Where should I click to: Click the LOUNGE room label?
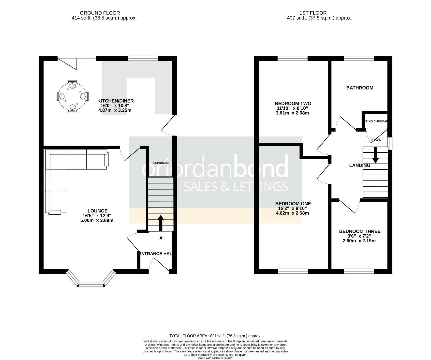[x=97, y=211]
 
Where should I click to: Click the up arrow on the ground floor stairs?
[x=160, y=223]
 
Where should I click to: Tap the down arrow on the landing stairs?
[x=375, y=155]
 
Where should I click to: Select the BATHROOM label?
[x=360, y=88]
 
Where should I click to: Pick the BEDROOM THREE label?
[x=359, y=231]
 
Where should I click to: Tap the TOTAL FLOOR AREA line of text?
[x=215, y=336]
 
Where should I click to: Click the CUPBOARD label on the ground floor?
[x=161, y=163]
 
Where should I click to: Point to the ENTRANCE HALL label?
[x=156, y=254]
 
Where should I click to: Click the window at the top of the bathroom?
[x=359, y=59]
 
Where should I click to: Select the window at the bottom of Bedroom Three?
[x=359, y=271]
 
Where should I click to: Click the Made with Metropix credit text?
[x=215, y=358]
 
